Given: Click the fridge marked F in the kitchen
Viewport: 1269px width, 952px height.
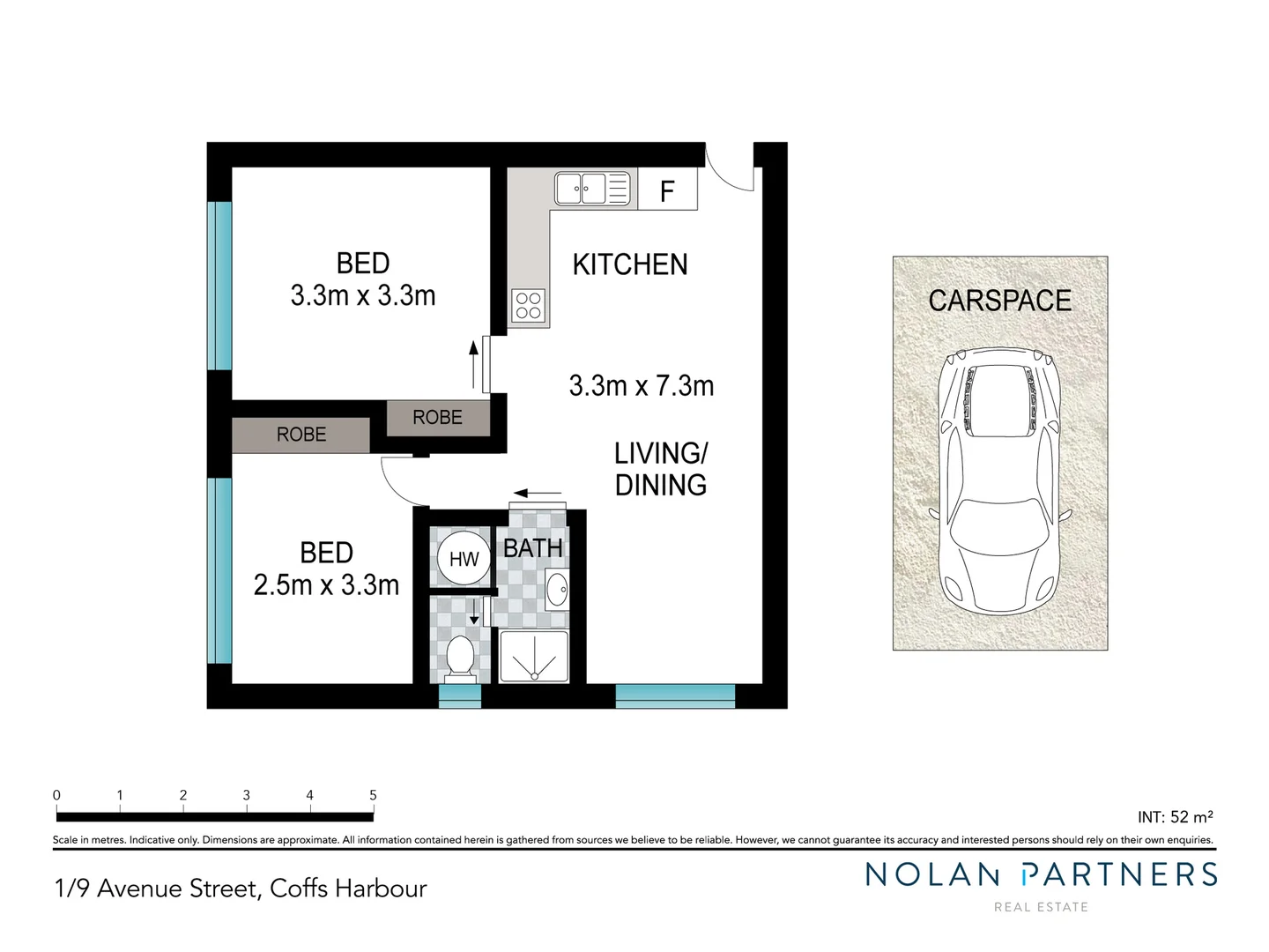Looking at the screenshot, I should pyautogui.click(x=667, y=190).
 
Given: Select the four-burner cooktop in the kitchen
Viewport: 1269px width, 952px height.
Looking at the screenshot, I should pyautogui.click(x=529, y=306).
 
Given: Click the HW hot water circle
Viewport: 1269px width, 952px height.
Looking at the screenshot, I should pyautogui.click(x=464, y=559).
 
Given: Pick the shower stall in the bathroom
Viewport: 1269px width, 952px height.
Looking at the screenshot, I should pyautogui.click(x=534, y=657).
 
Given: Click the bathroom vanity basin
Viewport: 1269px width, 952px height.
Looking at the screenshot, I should pyautogui.click(x=557, y=588).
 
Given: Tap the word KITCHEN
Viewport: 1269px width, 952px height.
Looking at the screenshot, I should pyautogui.click(x=629, y=264).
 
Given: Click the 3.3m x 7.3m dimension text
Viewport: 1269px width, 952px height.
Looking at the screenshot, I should pyautogui.click(x=641, y=386).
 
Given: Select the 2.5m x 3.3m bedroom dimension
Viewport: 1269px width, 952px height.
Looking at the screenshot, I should pyautogui.click(x=326, y=584).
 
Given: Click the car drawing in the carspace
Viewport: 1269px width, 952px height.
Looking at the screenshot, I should pyautogui.click(x=999, y=480).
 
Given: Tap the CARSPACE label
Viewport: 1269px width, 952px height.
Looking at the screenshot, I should pyautogui.click(x=999, y=301).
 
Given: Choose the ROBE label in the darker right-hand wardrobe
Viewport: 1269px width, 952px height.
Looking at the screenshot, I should pyautogui.click(x=437, y=418).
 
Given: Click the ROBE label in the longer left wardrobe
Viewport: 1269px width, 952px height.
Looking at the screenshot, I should pyautogui.click(x=301, y=435).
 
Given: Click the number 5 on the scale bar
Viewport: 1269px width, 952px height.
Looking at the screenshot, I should pyautogui.click(x=373, y=795).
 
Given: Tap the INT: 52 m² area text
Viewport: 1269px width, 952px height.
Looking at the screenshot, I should pyautogui.click(x=1175, y=817).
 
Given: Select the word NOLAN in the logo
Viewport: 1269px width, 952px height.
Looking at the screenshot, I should pyautogui.click(x=932, y=874).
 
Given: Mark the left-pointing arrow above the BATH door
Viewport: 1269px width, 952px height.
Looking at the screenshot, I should pyautogui.click(x=538, y=494).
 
